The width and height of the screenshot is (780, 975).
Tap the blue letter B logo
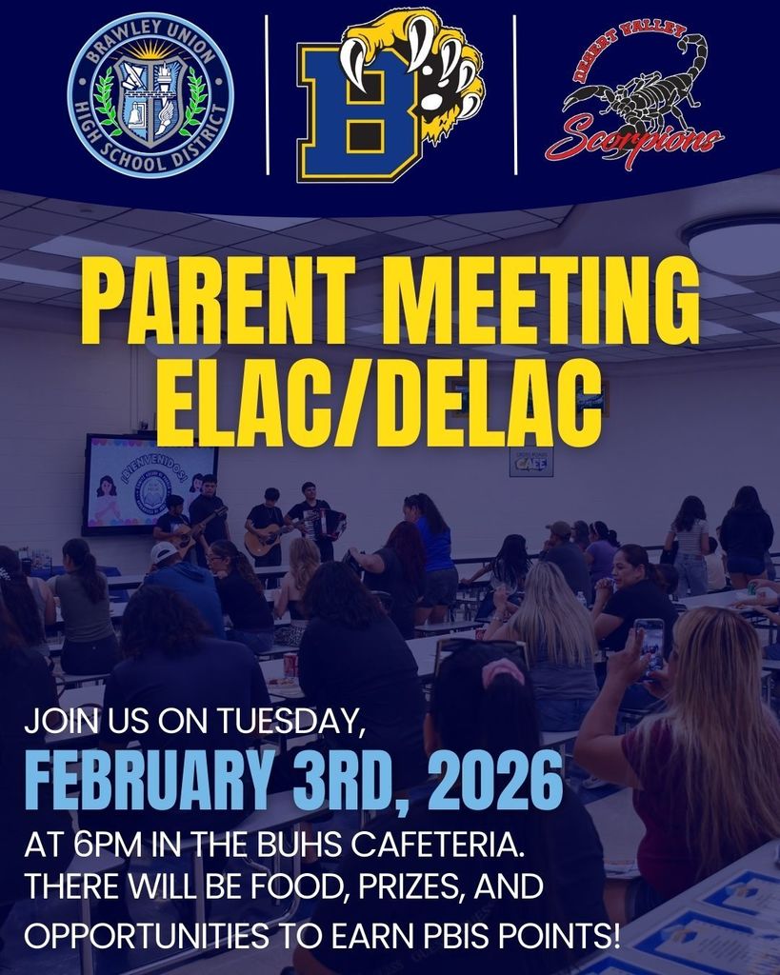pyautogui.click(x=357, y=112)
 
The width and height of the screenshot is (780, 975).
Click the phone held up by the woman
pyautogui.click(x=650, y=644)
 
